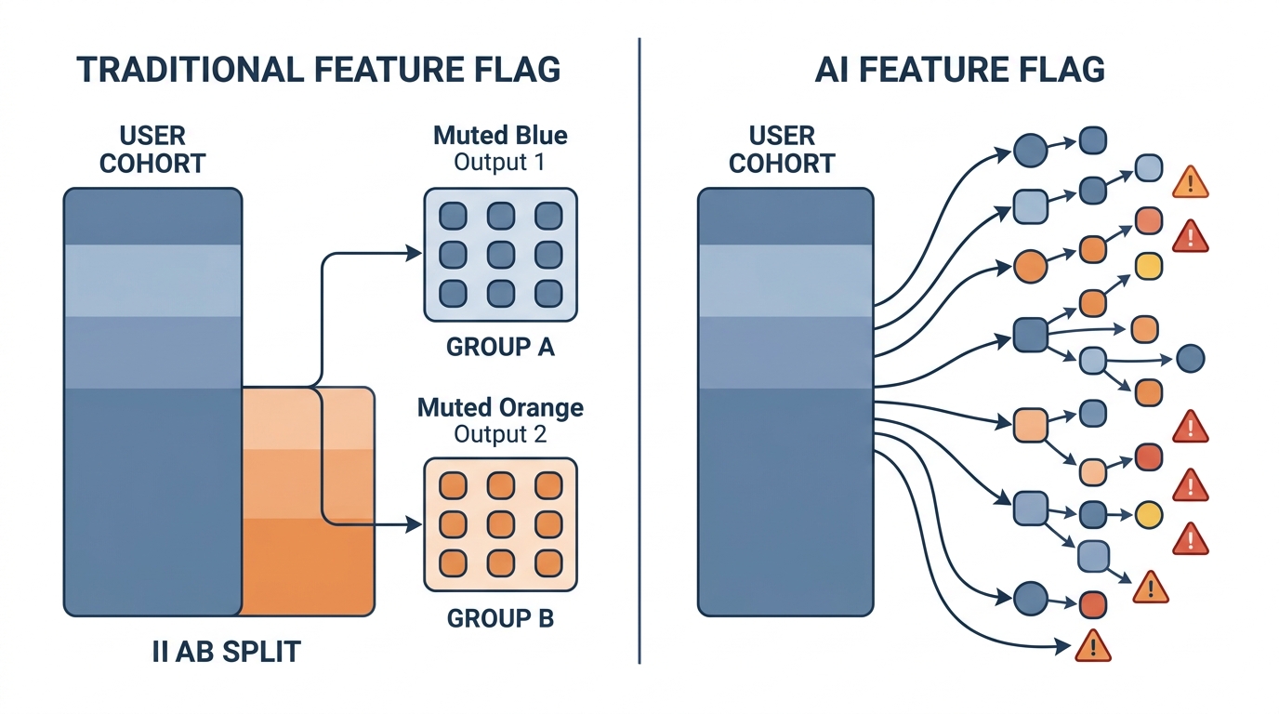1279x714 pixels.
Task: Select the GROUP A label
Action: pos(500,348)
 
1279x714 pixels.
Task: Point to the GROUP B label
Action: pos(500,618)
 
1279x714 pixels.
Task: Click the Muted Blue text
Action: pos(500,136)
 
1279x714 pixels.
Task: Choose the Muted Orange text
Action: pos(500,407)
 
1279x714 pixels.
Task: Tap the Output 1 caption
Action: pos(500,163)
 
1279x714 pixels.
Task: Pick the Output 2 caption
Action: pos(500,434)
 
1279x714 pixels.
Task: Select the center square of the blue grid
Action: pos(500,254)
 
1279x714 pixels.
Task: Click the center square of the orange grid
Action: pos(500,524)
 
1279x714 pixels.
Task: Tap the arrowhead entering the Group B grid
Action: pos(415,525)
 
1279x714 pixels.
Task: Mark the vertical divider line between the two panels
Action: pos(639,353)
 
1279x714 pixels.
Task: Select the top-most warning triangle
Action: pos(1191,183)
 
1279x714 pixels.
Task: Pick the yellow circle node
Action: pos(1149,514)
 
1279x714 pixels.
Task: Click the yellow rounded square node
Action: pos(1149,266)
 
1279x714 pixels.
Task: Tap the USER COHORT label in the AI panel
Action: pos(782,150)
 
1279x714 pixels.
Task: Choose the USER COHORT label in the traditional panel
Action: pos(152,150)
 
